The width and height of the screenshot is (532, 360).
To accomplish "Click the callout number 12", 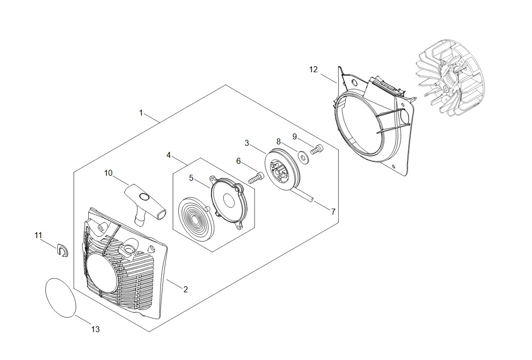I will click(313, 70).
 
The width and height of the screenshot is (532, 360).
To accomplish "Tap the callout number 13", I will click(96, 329).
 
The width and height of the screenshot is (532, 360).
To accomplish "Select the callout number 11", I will click(38, 235).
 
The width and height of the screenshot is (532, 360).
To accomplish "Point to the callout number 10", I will click(109, 173).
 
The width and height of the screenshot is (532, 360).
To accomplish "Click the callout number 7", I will click(333, 211).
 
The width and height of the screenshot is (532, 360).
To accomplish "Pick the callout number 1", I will click(141, 113).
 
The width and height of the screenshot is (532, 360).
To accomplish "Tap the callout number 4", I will click(169, 155).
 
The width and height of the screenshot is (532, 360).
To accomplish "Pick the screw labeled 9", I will click(316, 148).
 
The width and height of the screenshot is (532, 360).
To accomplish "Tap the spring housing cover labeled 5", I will click(228, 201).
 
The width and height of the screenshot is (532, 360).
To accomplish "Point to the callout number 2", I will click(185, 289).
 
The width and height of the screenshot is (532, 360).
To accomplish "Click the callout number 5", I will click(191, 177).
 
